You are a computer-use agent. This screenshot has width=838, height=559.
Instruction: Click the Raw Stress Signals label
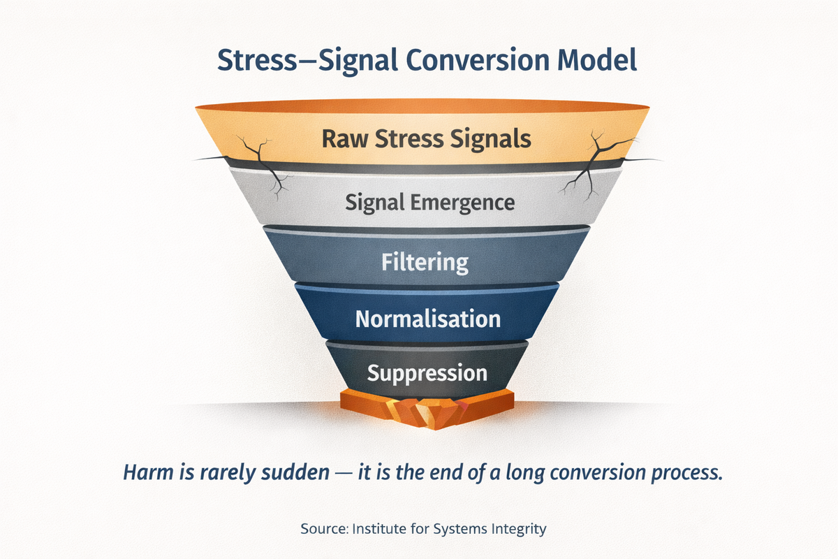click(x=426, y=138)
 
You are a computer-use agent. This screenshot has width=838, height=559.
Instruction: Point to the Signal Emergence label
click(x=429, y=203)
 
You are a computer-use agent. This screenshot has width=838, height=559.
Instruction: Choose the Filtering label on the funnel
click(x=425, y=263)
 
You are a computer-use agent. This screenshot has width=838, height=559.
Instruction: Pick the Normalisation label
click(x=427, y=319)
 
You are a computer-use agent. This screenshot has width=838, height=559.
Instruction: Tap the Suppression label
click(x=427, y=372)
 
